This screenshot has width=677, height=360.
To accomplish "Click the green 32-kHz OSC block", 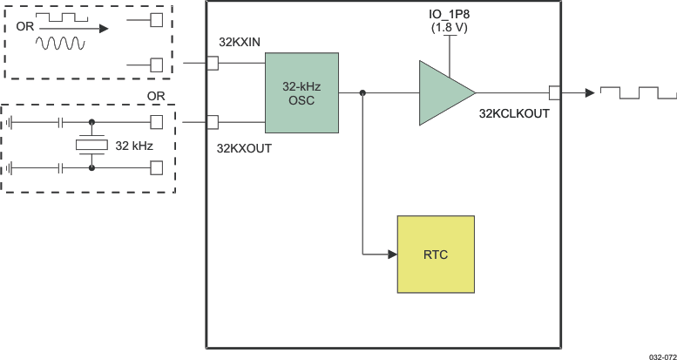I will click(x=301, y=92).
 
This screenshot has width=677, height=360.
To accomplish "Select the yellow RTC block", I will click(x=436, y=255).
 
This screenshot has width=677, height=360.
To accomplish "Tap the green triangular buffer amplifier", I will click(x=443, y=92).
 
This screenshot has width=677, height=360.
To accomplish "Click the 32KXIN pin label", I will click(x=239, y=43).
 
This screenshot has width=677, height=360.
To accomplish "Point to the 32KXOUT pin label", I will click(x=244, y=148).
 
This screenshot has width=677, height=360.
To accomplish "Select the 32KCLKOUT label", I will click(x=514, y=112).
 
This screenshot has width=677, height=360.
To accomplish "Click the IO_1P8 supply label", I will click(x=450, y=14).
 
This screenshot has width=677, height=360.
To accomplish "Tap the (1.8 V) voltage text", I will click(x=450, y=29).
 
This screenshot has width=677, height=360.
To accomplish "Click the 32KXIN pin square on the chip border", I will click(x=212, y=63).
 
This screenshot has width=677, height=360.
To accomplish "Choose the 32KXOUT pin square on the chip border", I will click(x=212, y=121).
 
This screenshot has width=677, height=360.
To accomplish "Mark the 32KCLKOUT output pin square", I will click(x=554, y=92).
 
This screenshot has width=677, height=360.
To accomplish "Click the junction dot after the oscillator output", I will click(x=362, y=92).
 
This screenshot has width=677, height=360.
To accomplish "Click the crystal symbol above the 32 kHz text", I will click(x=91, y=144).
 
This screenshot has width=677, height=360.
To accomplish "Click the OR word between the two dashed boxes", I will click(x=156, y=94).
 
